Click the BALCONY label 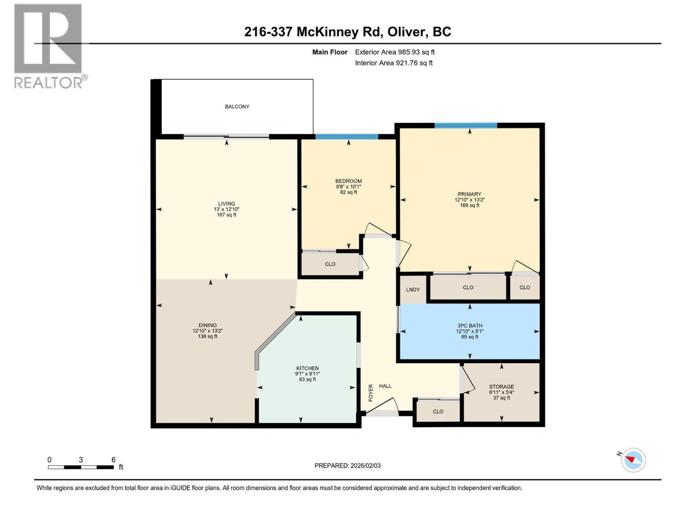point(237,107)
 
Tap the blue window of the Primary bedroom point(465,126)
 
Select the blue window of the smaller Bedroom point(347,137)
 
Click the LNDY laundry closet point(413,290)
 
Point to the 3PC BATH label point(469,325)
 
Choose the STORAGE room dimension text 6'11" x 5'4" point(501,392)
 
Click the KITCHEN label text point(308,368)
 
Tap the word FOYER point(371,392)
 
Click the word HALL point(385,386)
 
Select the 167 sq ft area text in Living point(226,215)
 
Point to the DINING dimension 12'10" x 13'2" point(207,331)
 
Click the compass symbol point(633,460)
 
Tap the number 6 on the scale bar point(114,460)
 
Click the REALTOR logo point(49,46)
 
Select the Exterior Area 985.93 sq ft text point(395,52)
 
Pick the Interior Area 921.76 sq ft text point(394,63)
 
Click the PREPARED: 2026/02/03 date point(348,465)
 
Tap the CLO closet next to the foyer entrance point(438,412)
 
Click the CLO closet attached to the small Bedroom point(330,264)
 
